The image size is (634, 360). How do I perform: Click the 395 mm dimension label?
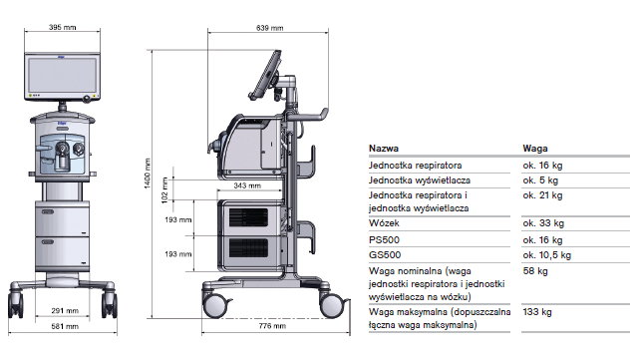[x=63, y=28]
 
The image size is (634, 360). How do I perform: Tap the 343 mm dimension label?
[x=246, y=185]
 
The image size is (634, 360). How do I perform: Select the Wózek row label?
[x=384, y=224]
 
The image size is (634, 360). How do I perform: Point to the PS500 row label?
[x=384, y=240]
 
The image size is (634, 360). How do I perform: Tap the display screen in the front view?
[x=63, y=73]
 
